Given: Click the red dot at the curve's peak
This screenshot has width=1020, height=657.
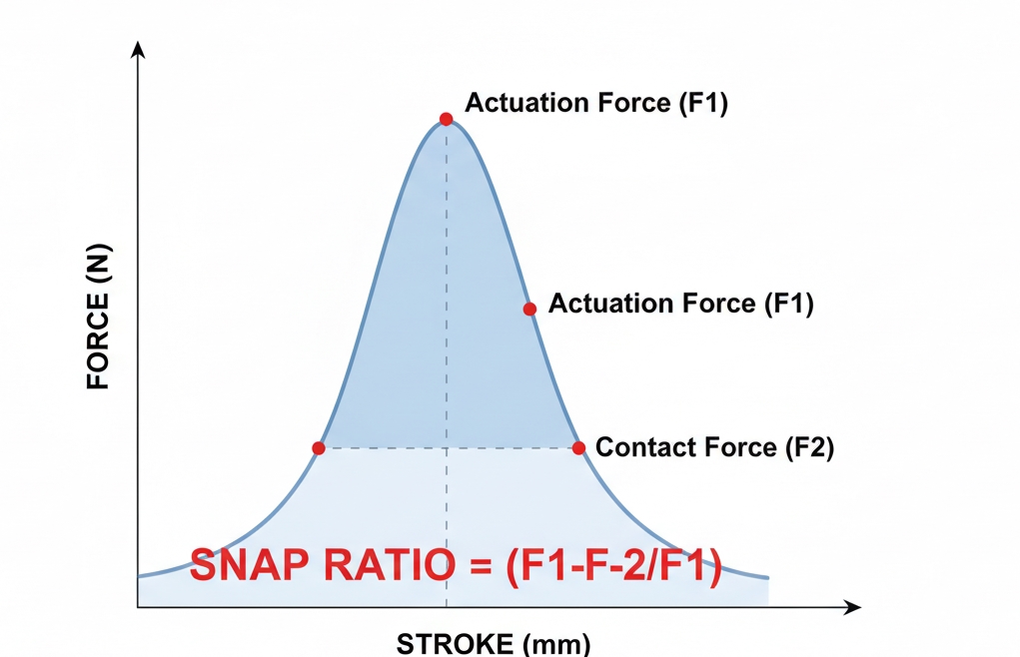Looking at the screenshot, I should coord(446,119).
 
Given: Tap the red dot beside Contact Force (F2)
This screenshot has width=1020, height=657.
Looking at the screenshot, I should coord(578,447).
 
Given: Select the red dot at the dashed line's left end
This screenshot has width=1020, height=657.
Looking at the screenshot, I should coord(319,448).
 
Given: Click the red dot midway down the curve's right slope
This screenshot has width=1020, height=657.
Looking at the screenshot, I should coord(529,309).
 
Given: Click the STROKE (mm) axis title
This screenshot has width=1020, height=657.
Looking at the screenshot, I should coord(494,643).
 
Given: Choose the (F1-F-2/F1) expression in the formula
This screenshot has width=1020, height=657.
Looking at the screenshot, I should coord(612,567).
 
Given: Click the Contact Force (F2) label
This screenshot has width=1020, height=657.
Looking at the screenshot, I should coord(714,447).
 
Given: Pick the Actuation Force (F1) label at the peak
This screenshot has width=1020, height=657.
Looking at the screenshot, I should coord(596,103).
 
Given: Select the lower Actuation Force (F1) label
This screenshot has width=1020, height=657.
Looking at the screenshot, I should coord(681,304).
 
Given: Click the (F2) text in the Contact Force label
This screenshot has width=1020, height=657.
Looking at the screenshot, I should coord(809,447).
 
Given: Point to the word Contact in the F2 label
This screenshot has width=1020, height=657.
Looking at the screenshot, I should coord(637,447).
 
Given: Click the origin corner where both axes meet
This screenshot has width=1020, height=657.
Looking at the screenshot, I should coord(138,606).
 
